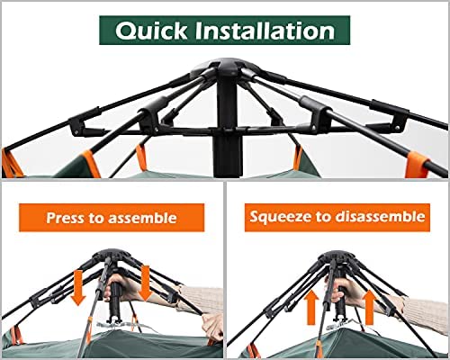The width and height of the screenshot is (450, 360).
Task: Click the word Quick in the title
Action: [x=151, y=31]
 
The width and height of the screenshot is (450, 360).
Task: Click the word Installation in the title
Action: [x=265, y=31]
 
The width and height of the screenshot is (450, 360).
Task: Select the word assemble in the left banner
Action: [x=142, y=218]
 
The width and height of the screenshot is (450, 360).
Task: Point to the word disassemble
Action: [x=380, y=216]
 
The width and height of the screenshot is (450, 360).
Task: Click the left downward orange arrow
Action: [x=78, y=287]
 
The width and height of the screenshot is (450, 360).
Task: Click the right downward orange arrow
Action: [x=145, y=283]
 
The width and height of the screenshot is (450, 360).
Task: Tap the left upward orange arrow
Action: [x=312, y=308]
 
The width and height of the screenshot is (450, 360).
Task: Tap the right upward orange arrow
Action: [x=369, y=307]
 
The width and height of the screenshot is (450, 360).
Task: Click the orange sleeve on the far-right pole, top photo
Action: [x=418, y=165]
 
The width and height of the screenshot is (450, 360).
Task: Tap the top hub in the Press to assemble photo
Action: [x=112, y=256]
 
